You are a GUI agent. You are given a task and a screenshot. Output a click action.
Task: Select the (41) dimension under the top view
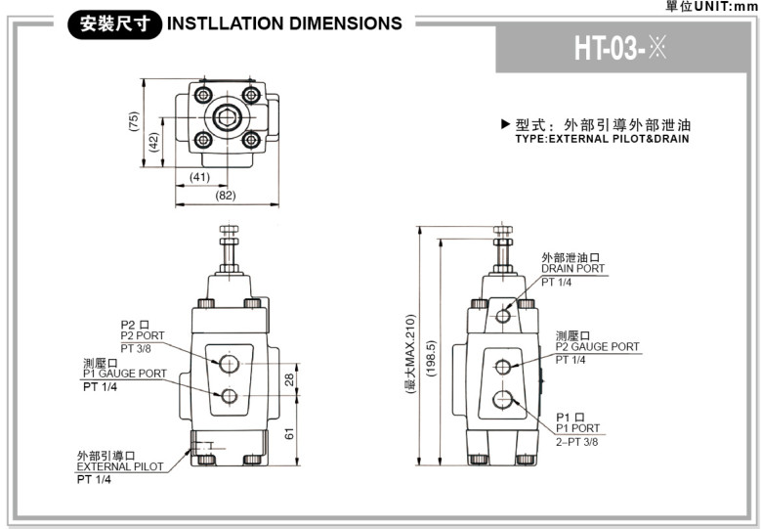click(200, 177)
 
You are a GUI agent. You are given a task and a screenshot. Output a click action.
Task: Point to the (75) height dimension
click(134, 121)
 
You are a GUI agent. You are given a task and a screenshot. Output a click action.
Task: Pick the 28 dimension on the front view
click(289, 379)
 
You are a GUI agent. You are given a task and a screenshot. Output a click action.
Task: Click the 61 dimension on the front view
click(289, 433)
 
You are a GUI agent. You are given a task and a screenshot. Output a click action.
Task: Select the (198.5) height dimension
click(431, 357)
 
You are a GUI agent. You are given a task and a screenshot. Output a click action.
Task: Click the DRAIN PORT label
click(573, 269)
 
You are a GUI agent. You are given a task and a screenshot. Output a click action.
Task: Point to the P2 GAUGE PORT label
click(598, 347)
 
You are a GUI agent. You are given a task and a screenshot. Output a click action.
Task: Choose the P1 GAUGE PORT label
click(124, 374)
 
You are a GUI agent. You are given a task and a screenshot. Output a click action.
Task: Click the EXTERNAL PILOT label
click(120, 466)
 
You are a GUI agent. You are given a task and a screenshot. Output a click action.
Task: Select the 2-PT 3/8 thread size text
click(577, 441)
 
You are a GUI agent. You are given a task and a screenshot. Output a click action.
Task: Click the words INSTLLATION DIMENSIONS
click(284, 23)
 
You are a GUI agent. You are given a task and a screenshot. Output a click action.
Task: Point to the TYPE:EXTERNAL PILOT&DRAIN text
click(602, 139)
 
